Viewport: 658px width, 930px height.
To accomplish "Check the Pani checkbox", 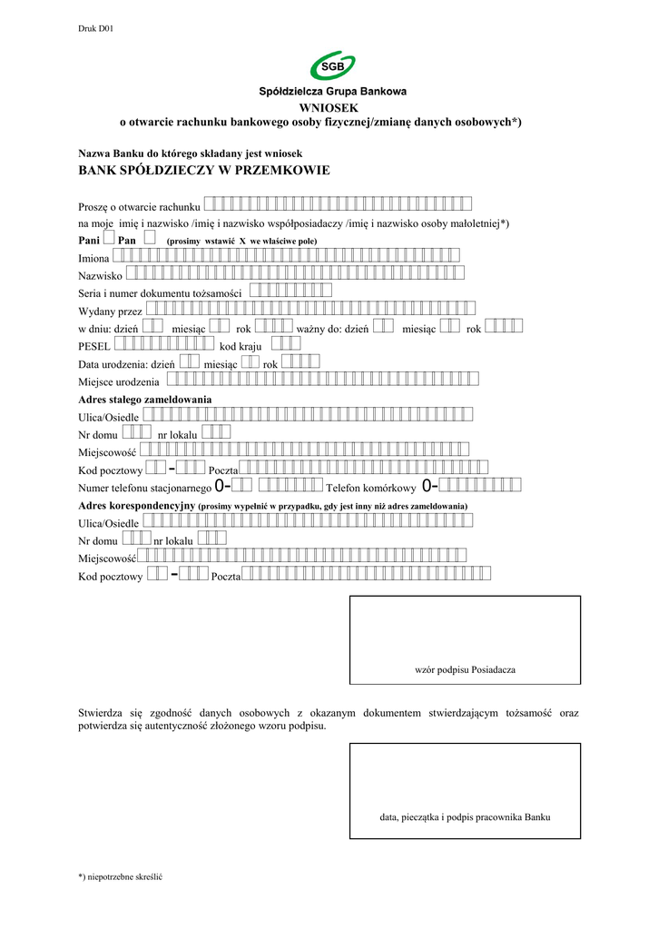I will [108, 237].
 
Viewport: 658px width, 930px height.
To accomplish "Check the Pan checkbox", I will [150, 237].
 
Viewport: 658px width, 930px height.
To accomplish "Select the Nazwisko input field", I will [294, 273].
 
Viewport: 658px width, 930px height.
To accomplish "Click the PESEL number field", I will [165, 343].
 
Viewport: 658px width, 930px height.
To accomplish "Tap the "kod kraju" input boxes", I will [286, 343].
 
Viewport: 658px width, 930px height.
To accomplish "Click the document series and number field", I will [290, 291].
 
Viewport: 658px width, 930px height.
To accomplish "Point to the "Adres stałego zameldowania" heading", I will [145, 399].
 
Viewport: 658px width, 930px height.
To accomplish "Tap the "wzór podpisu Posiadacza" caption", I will [465, 669].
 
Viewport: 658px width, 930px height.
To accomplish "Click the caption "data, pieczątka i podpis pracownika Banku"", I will [465, 816].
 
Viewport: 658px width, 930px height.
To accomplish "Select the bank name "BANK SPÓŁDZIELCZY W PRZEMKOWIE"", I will [204, 171].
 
